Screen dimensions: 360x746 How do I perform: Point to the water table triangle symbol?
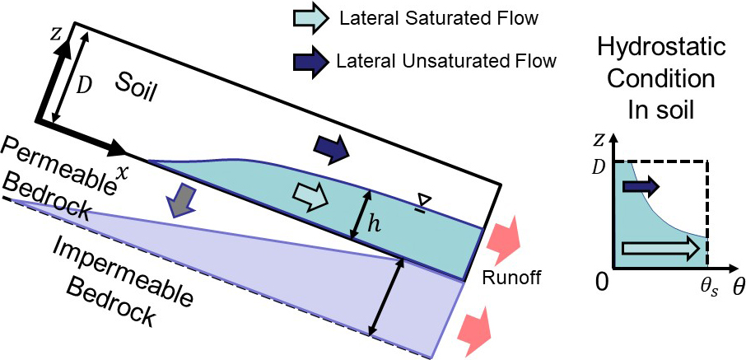click(422, 199)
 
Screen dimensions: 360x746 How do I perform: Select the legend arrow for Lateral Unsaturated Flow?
click(311, 60)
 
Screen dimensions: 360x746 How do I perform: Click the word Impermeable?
click(102, 261)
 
